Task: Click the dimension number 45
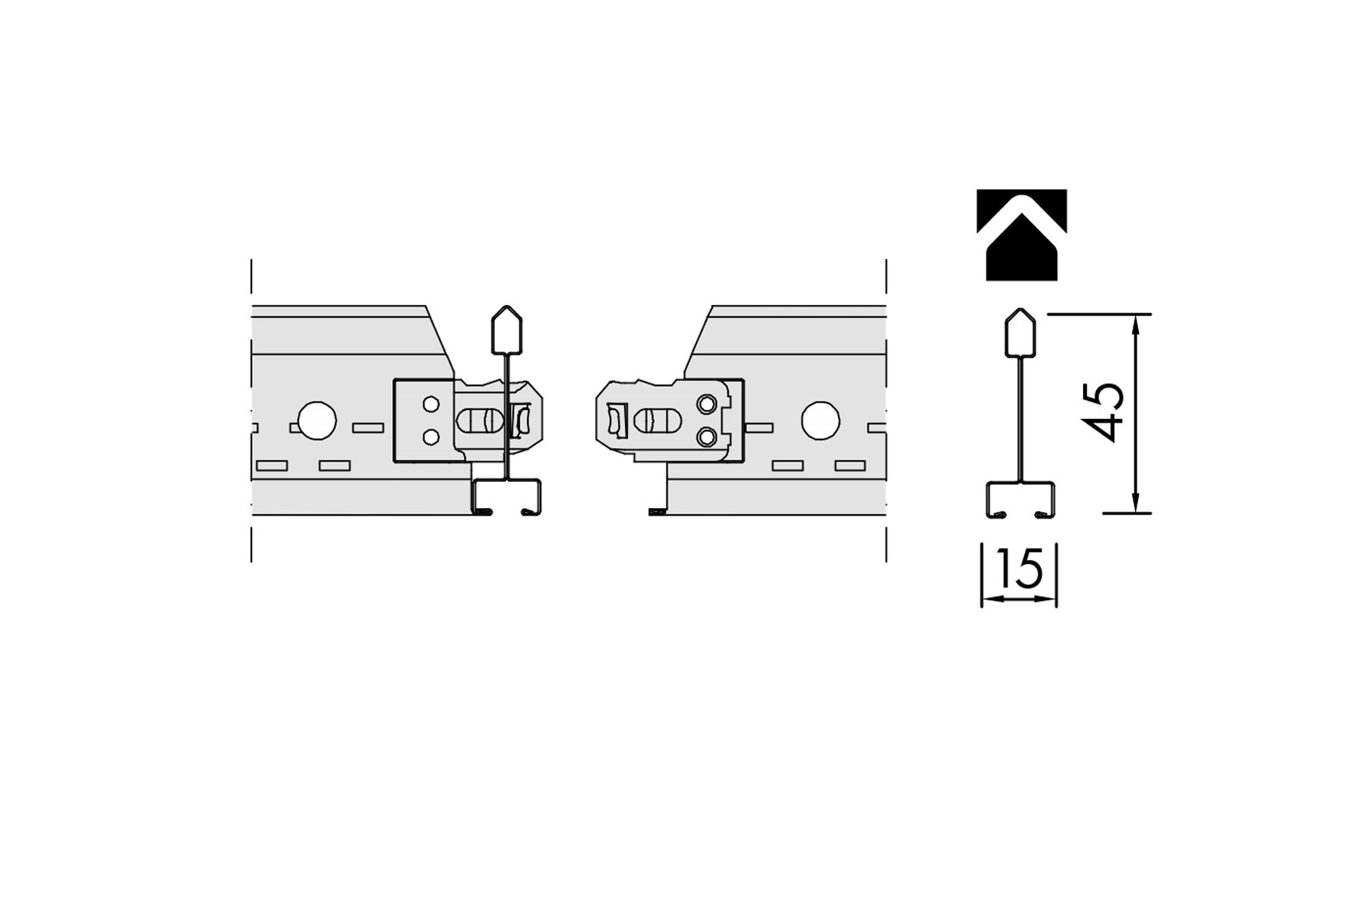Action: [x=1106, y=414]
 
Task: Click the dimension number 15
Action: [x=1020, y=568]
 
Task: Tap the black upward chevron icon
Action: [x=1022, y=234]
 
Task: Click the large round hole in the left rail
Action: [x=316, y=421]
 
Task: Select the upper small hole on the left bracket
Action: [x=431, y=404]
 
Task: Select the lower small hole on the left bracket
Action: [x=431, y=437]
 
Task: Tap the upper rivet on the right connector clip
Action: [x=707, y=402]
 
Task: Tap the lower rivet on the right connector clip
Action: [x=707, y=437]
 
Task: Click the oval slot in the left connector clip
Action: [x=481, y=421]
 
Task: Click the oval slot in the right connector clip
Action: [x=658, y=420]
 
